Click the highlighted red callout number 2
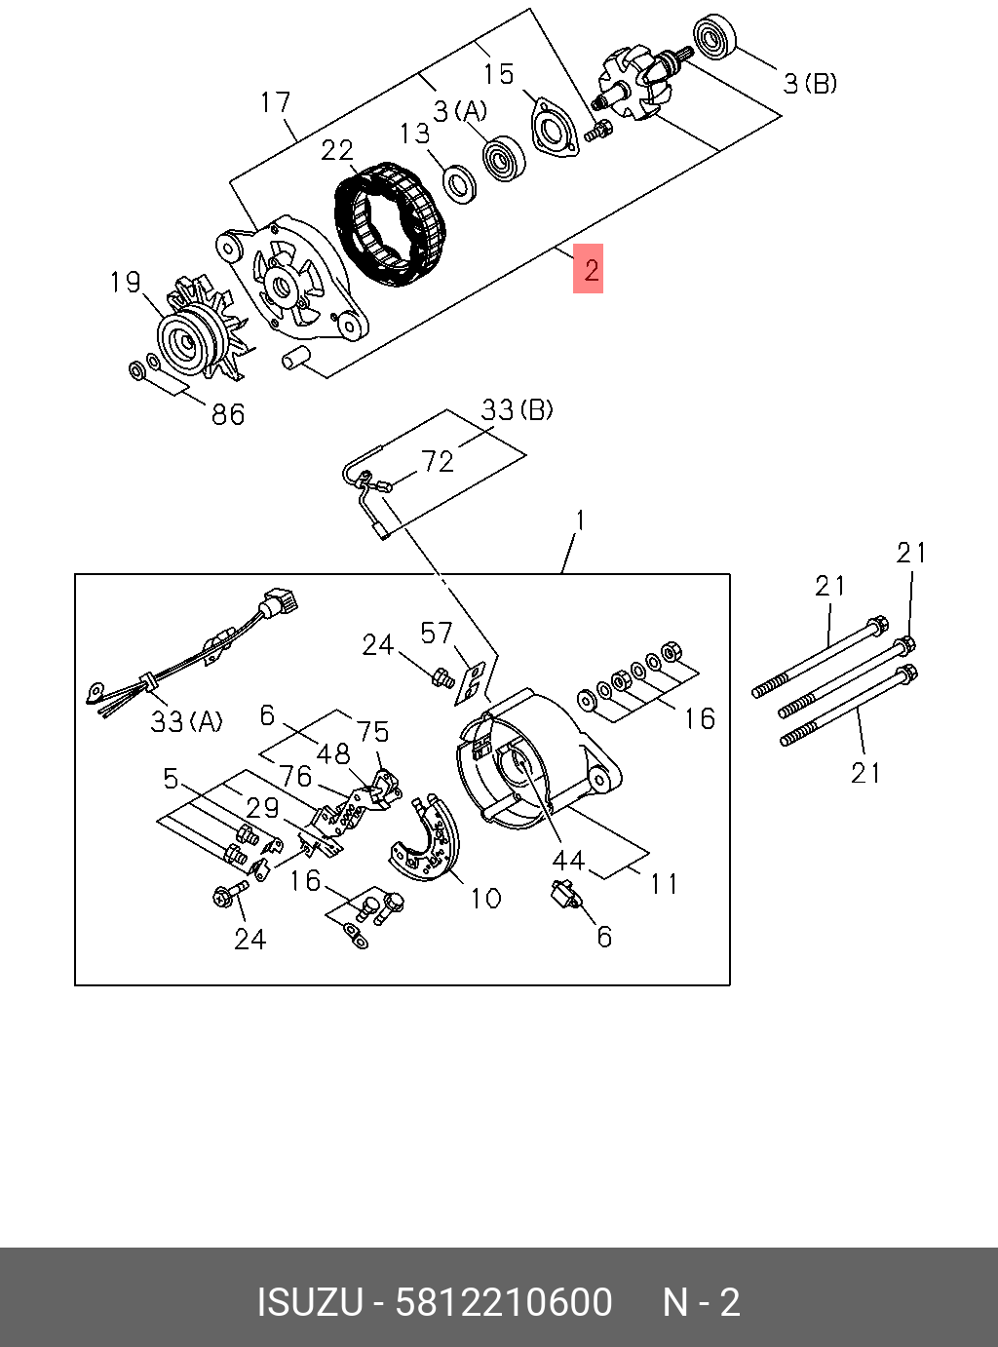click(589, 268)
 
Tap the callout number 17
click(276, 102)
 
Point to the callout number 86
click(228, 414)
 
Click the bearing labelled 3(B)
click(715, 38)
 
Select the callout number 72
click(438, 461)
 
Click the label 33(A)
click(186, 721)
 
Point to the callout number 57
click(437, 634)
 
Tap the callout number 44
click(568, 860)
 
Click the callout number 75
click(372, 731)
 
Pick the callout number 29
click(262, 807)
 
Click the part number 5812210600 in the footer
click(503, 1302)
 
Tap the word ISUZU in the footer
click(309, 1302)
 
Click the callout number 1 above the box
click(580, 520)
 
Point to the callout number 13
click(414, 133)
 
